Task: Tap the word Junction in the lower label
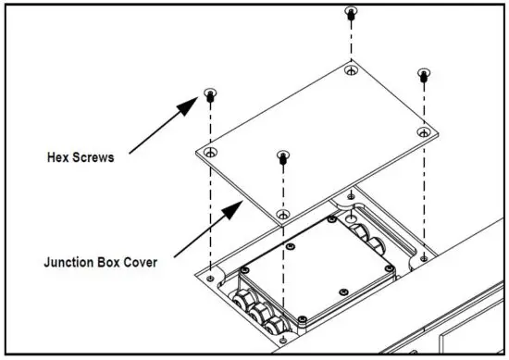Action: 69,261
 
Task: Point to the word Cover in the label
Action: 136,261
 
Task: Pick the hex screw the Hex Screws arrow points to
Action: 211,93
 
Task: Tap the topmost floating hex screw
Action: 351,12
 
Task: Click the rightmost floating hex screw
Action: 424,74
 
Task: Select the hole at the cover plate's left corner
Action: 211,151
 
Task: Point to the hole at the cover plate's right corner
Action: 423,132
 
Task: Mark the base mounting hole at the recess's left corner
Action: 212,276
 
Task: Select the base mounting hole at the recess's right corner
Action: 424,254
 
